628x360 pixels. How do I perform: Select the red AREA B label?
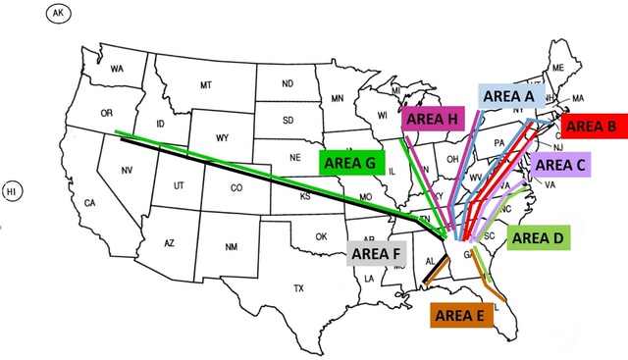click(591, 126)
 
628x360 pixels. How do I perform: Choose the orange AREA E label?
click(458, 315)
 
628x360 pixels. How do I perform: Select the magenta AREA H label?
click(432, 119)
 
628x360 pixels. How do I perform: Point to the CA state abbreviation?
click(89, 203)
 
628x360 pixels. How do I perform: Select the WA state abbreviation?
click(117, 69)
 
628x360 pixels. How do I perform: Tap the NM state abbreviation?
click(231, 245)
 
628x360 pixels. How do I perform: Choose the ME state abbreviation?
click(558, 68)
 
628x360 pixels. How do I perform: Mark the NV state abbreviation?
click(127, 172)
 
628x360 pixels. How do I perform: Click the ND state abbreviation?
click(288, 84)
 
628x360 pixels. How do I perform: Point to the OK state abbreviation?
click(320, 236)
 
